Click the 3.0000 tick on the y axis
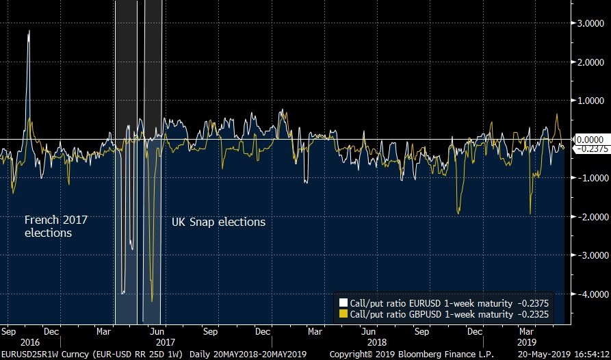point(589,23)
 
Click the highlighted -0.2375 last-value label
point(589,148)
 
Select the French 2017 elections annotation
point(56,226)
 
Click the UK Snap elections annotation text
point(218,222)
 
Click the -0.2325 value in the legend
point(532,314)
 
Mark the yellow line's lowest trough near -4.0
point(151,300)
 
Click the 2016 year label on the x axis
point(30,341)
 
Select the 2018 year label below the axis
point(377,341)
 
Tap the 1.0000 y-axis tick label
point(589,100)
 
